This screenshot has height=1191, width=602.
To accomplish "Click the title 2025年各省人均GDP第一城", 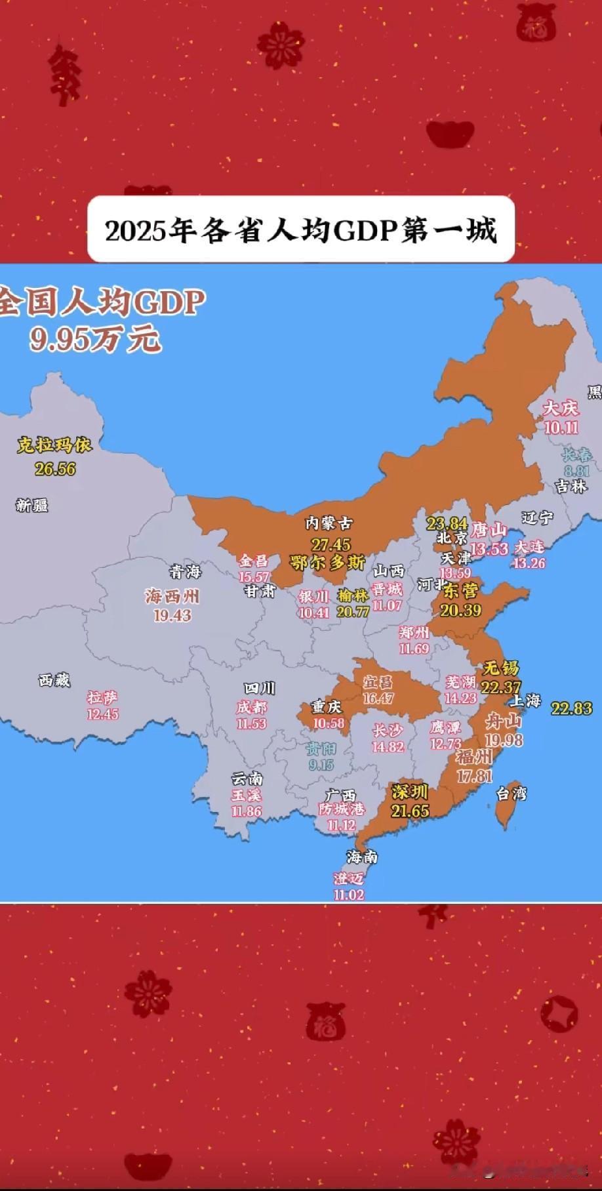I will (301, 230).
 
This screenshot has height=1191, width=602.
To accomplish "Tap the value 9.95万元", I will (94, 339).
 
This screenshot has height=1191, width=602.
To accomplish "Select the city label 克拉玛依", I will (54, 446).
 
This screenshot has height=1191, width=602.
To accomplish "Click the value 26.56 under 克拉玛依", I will (55, 468).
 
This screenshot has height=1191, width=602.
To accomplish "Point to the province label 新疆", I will (32, 505).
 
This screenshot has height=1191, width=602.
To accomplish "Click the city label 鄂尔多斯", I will (328, 562).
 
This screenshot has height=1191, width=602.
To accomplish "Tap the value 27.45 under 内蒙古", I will (331, 544).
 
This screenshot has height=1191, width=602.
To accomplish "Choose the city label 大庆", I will (561, 409).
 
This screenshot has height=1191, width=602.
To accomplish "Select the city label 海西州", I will (172, 597).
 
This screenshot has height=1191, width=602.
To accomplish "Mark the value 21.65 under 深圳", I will (411, 811).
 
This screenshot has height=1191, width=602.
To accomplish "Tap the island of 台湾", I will (503, 813).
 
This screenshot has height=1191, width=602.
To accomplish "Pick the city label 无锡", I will (500, 668).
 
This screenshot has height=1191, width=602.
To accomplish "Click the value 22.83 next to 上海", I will (571, 708).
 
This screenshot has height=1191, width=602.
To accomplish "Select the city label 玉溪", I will (246, 796).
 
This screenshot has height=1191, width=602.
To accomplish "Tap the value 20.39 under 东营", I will (462, 610).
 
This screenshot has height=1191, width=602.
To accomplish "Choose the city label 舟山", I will (503, 722).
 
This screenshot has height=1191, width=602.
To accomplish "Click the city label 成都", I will (252, 707).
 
